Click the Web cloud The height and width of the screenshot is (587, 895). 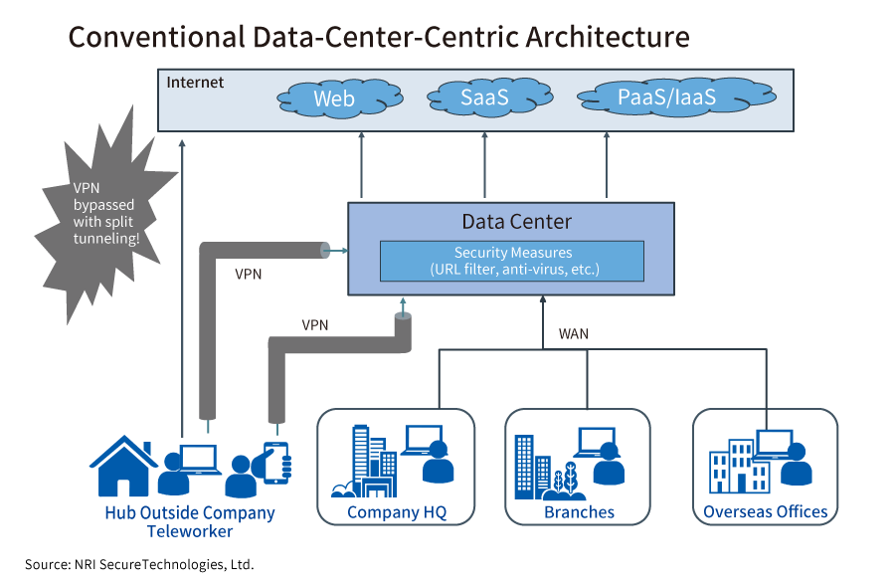click(x=333, y=98)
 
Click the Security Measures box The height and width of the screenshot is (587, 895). click(x=512, y=261)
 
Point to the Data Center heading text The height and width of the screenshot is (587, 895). click(x=516, y=221)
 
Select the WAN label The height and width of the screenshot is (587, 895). click(x=574, y=334)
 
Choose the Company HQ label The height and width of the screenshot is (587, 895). click(x=397, y=512)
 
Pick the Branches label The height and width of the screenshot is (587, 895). click(x=579, y=512)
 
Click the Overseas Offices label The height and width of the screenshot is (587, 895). click(x=765, y=512)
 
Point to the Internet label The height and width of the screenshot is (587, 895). click(x=195, y=83)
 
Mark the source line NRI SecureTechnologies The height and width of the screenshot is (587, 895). click(x=139, y=564)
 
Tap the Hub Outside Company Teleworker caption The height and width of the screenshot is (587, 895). click(x=189, y=522)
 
